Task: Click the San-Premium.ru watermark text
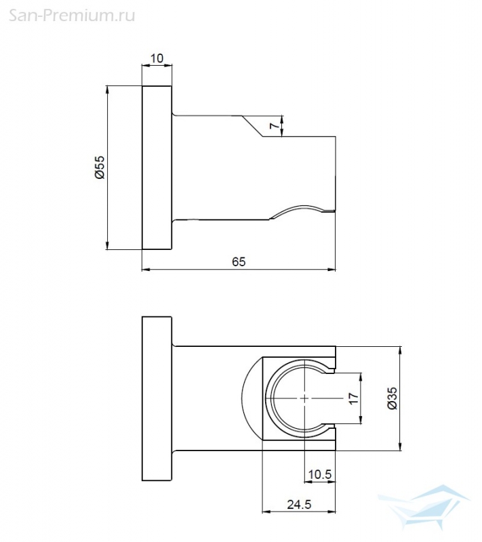click(x=72, y=15)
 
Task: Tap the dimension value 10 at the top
click(x=157, y=58)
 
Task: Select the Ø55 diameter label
click(x=99, y=167)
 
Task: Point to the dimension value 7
click(x=275, y=125)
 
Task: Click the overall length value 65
click(x=239, y=262)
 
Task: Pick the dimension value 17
click(x=353, y=398)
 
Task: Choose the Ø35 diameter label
click(x=393, y=398)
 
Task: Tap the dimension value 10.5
click(x=320, y=474)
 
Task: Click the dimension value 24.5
click(x=299, y=505)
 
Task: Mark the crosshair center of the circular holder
click(x=304, y=398)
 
